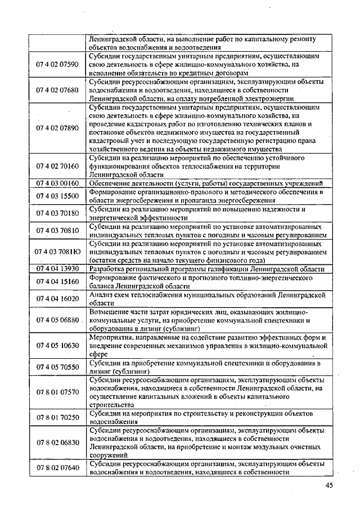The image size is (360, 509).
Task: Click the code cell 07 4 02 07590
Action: point(57,65)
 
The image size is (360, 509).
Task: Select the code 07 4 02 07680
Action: point(57,89)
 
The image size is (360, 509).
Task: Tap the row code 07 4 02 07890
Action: point(57,128)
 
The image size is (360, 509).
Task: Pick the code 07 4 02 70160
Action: point(57,166)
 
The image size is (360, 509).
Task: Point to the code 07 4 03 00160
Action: point(57,183)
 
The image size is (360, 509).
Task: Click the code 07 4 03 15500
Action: point(57,196)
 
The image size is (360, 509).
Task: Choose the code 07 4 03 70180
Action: point(57,213)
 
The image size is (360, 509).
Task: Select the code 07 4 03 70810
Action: point(57,231)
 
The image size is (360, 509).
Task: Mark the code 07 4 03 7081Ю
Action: point(57,252)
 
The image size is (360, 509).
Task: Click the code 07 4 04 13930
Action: point(57,269)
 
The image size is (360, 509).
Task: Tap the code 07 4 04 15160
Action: point(57,281)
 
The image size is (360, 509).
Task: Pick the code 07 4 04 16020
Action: point(57,299)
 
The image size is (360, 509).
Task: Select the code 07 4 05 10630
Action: point(57,346)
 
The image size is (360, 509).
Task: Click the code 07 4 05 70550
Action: point(57,367)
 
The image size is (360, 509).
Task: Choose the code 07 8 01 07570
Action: point(57,393)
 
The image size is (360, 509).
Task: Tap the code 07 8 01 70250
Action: point(57,418)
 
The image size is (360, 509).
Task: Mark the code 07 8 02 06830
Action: point(57,443)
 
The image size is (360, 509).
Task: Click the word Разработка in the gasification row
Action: point(107,269)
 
